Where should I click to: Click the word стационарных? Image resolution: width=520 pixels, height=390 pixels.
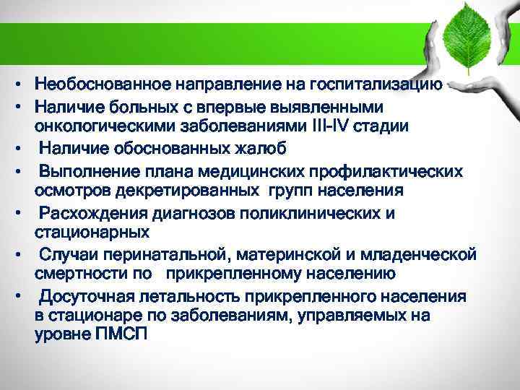point(92,233)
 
